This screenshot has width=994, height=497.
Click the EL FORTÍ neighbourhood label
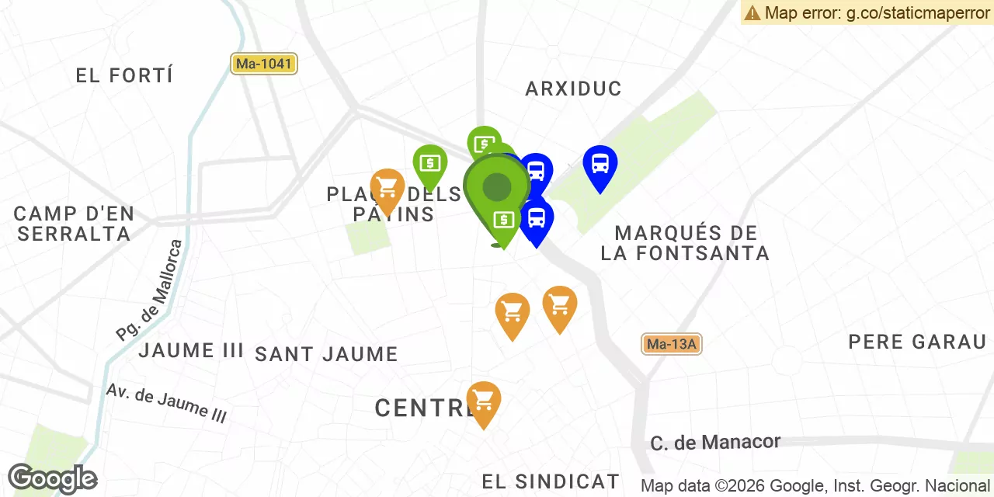point(124,75)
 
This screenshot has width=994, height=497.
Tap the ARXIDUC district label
point(573,89)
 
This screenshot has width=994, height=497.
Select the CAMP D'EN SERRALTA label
point(75,223)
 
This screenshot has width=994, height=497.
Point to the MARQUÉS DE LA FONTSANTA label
point(685,242)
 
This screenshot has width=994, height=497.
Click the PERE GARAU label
point(917,342)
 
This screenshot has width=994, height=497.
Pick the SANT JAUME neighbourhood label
point(326,355)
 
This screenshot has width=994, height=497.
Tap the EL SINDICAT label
point(551,481)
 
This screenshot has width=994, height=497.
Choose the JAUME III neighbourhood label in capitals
point(191,350)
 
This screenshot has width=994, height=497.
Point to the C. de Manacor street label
point(715,443)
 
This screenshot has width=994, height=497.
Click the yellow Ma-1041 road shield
point(264,64)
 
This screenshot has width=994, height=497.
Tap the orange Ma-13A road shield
point(672,344)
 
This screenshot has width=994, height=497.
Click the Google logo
point(52,479)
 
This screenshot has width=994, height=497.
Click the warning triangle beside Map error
point(752,12)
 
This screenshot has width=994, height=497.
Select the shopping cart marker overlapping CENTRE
point(483,401)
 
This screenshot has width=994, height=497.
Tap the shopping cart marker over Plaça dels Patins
point(387,188)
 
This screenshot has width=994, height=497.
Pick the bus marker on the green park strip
point(600,165)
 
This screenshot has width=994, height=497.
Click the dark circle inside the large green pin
point(497,187)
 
